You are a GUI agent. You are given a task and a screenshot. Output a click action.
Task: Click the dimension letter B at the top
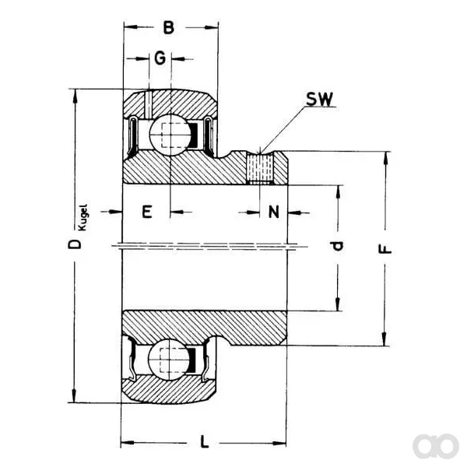[x=169, y=28]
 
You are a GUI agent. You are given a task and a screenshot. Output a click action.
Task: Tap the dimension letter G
[x=160, y=58]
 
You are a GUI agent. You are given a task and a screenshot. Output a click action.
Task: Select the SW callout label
[x=320, y=99]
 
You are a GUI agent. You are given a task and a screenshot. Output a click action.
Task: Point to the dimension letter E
[x=147, y=212]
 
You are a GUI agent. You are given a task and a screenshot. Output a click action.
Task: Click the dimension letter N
[x=274, y=212]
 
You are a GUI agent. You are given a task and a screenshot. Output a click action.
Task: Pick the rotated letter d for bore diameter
[x=338, y=246]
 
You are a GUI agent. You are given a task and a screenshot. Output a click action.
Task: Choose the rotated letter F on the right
[x=384, y=249]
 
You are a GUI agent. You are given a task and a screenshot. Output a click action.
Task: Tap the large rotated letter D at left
[x=75, y=244]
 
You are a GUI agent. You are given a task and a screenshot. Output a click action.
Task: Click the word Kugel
[x=83, y=217]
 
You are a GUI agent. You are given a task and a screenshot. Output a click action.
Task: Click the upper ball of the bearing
[x=170, y=135]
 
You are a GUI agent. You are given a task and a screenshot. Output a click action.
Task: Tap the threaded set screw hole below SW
[x=260, y=167]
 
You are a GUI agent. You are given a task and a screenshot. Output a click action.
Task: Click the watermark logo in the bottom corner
[x=436, y=446]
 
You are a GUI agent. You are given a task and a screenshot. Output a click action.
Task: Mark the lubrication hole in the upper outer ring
[x=148, y=104]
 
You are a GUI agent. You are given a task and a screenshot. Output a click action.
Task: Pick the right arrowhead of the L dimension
[x=279, y=443]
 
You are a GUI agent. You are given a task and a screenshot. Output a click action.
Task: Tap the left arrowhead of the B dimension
[x=131, y=27]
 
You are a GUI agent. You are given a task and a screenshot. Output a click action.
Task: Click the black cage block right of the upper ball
[x=194, y=135]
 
